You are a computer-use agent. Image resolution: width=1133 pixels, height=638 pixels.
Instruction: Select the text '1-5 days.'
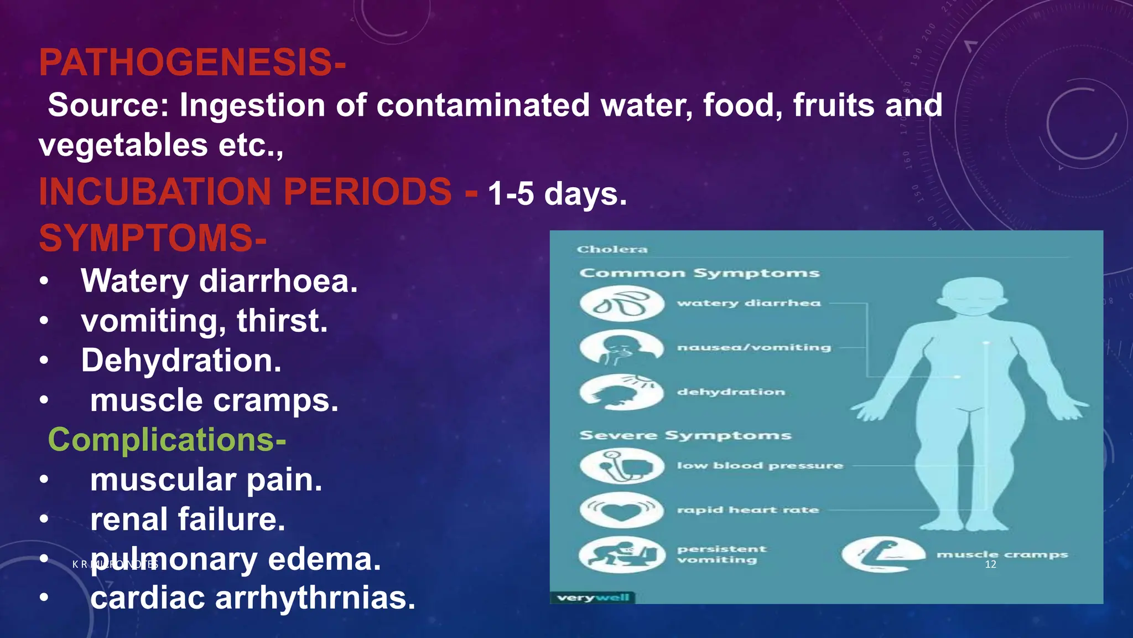(x=557, y=194)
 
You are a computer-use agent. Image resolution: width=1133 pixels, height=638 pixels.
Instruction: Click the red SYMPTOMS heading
(x=153, y=238)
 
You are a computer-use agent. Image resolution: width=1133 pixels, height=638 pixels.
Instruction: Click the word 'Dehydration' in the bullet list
(x=181, y=361)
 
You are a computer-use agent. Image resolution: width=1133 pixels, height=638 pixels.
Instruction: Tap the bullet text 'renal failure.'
(x=188, y=519)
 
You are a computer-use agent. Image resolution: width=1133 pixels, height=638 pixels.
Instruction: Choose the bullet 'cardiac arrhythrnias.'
(x=252, y=599)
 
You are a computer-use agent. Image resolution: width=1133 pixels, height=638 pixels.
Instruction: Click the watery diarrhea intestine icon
(x=622, y=303)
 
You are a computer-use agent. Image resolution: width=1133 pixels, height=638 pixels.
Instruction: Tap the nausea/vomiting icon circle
(x=622, y=348)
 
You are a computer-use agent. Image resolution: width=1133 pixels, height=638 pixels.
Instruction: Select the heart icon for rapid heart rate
(x=622, y=510)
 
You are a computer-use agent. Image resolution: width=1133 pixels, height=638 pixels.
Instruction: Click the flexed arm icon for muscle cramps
(x=883, y=554)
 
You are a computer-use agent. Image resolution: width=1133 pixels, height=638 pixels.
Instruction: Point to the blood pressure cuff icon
(x=622, y=466)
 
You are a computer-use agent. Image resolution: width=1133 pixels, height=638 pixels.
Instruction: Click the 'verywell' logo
(x=593, y=598)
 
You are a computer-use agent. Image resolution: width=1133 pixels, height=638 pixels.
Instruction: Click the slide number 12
(x=990, y=564)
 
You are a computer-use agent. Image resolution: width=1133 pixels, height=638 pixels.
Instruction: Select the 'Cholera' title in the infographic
(x=612, y=250)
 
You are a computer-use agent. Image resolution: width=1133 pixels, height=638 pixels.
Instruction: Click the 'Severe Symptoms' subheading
(x=685, y=436)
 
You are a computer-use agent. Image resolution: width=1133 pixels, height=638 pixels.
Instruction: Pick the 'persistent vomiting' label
(x=721, y=554)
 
